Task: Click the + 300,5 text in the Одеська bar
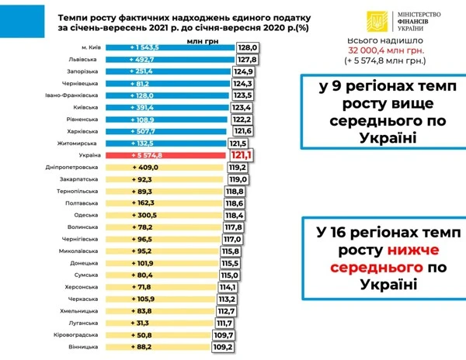pos(144,215)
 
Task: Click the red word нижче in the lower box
pos(407,251)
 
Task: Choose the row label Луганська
pos(81,323)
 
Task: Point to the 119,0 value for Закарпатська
pos(238,179)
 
